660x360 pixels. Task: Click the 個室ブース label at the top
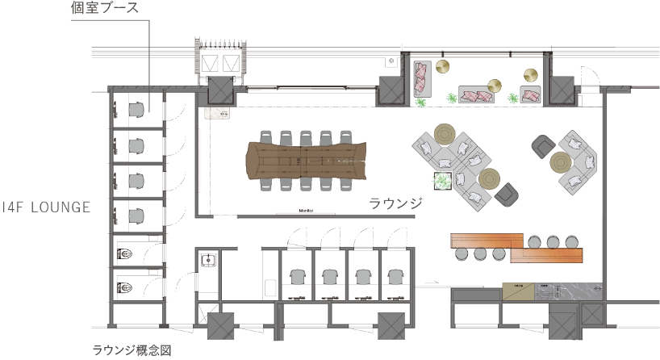pyautogui.click(x=105, y=9)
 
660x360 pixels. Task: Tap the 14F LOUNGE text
pyautogui.click(x=45, y=207)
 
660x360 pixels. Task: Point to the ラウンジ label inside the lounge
pyautogui.click(x=396, y=203)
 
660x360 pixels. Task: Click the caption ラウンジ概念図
pyautogui.click(x=131, y=350)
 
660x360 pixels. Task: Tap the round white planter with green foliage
pyautogui.click(x=442, y=182)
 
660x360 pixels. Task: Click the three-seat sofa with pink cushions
pyautogui.click(x=476, y=94)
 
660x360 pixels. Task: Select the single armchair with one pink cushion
pyautogui.click(x=531, y=95)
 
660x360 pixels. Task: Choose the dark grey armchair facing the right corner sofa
pyautogui.click(x=542, y=146)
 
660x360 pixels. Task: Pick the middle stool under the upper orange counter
pyautogui.click(x=553, y=241)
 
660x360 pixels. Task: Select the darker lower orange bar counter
pyautogui.click(x=546, y=256)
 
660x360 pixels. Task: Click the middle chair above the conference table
pyautogui.click(x=307, y=136)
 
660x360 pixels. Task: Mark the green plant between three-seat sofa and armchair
pyautogui.click(x=514, y=99)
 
